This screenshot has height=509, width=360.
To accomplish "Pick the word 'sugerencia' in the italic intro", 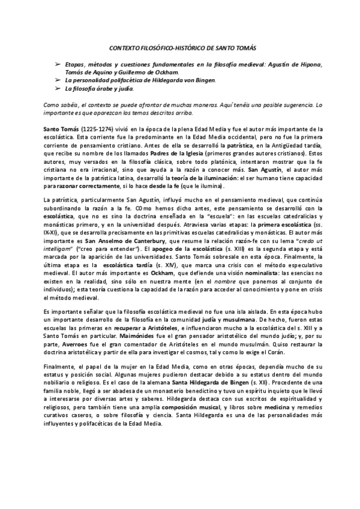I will click(x=293, y=104).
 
